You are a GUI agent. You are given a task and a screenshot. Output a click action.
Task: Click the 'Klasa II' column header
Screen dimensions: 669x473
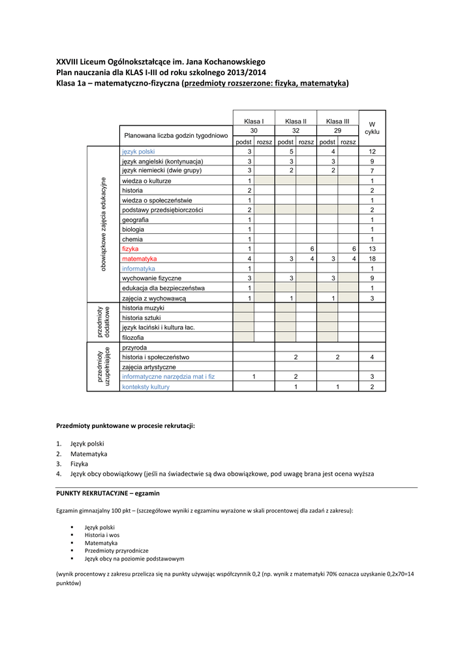296,122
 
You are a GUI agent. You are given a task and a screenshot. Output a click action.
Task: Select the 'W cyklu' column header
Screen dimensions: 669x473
372,127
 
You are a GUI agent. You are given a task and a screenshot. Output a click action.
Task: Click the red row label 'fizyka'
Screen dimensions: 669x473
130,249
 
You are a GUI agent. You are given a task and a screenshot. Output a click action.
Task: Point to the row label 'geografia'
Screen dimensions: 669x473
135,220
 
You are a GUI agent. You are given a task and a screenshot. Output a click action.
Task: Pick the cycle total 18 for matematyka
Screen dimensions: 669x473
372,259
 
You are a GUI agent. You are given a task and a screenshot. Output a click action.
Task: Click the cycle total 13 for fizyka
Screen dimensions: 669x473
372,249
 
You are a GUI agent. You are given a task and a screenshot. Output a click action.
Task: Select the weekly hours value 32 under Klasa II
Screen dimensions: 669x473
296,131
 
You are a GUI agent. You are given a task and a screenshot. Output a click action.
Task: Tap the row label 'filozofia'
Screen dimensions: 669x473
133,337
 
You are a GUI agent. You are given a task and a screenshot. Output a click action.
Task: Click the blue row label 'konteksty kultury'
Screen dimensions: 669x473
145,387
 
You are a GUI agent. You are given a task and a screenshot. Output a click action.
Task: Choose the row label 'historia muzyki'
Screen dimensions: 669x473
143,308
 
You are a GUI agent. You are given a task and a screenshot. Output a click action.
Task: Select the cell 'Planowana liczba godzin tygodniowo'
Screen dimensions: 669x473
175,136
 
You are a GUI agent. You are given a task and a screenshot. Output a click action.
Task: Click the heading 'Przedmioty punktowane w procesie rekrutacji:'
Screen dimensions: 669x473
126,425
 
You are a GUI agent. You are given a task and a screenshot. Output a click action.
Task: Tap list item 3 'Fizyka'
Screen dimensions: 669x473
80,463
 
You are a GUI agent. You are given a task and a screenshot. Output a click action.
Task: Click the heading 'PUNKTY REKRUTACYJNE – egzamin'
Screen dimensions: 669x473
108,493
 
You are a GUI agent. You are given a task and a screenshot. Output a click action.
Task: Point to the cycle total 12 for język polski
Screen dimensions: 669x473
372,151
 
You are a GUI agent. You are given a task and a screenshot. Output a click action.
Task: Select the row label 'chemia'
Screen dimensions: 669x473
132,239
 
